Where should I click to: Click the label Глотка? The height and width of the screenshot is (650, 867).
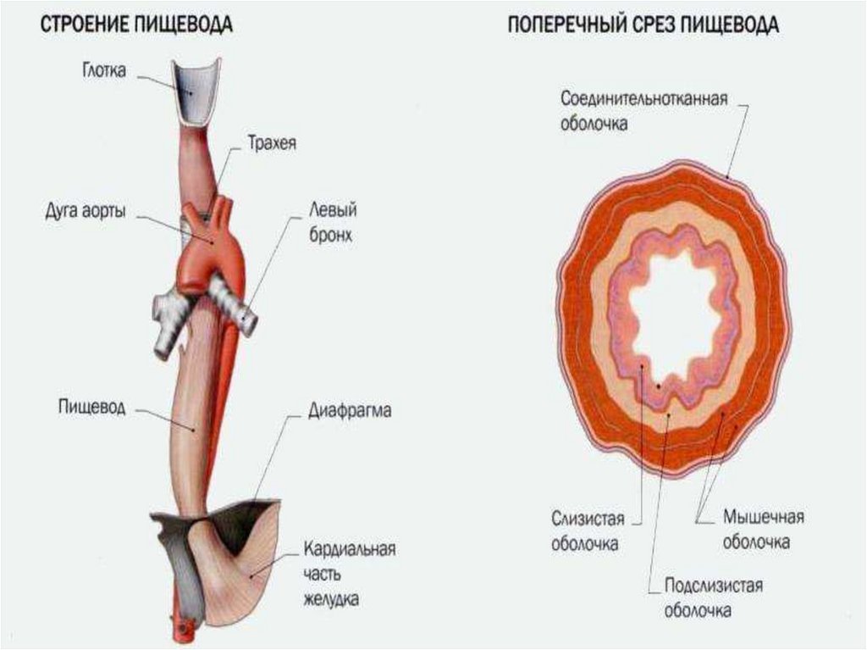[x=104, y=71]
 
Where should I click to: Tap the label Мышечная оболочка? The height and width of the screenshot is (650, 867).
[x=763, y=529]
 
